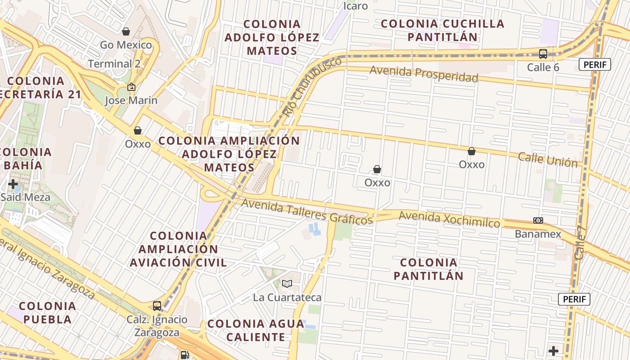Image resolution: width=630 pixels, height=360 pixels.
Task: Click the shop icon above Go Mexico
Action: [x=126, y=31]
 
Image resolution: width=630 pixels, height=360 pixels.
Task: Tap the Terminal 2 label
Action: [x=114, y=64]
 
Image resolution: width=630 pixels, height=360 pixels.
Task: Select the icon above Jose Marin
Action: [x=131, y=87]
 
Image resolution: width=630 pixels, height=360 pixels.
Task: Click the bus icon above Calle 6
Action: [x=543, y=54]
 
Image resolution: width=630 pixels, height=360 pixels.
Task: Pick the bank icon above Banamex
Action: [x=538, y=220]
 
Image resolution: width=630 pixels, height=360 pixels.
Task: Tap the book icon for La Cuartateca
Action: [x=287, y=283]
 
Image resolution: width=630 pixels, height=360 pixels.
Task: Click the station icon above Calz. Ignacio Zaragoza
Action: [x=157, y=306]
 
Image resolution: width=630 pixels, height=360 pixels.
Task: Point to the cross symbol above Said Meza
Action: [x=13, y=184]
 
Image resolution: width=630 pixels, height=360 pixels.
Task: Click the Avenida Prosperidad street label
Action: [x=424, y=74]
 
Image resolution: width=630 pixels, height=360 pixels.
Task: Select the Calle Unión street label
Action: [x=547, y=159]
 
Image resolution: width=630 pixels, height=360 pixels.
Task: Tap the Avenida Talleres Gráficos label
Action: [x=307, y=211]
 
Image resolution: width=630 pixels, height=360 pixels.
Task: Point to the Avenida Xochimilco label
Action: [x=449, y=219]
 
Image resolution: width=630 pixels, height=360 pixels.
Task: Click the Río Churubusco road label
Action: [x=312, y=87]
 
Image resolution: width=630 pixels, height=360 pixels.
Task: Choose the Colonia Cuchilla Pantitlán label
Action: [x=442, y=30]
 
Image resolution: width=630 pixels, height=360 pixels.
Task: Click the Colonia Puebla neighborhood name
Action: [x=47, y=313]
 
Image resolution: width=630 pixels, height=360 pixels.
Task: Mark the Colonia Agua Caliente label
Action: [x=256, y=330]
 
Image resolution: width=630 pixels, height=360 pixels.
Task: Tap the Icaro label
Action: [x=355, y=6]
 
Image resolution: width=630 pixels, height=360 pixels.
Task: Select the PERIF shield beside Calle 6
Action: [x=594, y=65]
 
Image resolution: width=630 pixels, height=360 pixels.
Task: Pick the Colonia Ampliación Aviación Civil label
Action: [x=178, y=249]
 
